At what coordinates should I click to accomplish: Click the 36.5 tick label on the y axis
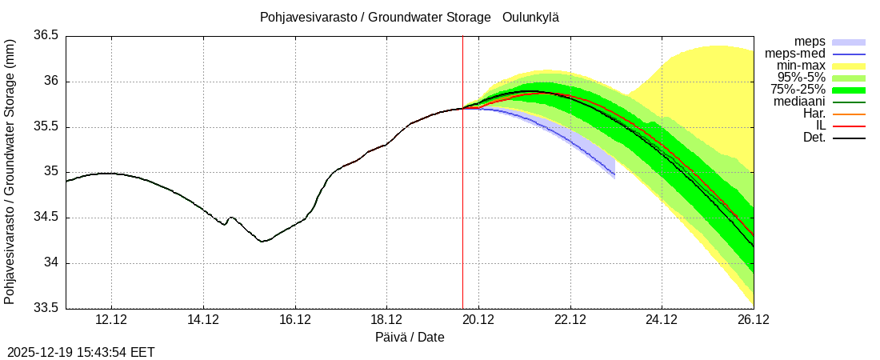(x=45, y=36)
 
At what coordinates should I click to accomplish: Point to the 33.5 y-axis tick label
(x=45, y=309)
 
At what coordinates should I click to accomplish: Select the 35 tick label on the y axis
(x=51, y=172)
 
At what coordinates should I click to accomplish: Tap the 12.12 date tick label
(x=111, y=320)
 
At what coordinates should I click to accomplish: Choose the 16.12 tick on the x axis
(x=295, y=320)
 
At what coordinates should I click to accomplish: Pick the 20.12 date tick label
(x=478, y=320)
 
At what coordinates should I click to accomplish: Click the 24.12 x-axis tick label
(x=662, y=320)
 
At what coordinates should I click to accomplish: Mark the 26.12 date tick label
(x=753, y=320)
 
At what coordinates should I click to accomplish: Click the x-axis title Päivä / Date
(x=410, y=338)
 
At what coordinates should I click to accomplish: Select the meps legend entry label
(x=810, y=42)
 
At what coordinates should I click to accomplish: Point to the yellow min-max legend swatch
(x=849, y=66)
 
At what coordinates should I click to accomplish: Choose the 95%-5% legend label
(x=801, y=78)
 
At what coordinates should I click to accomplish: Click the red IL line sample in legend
(x=849, y=126)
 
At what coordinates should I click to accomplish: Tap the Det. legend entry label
(x=814, y=138)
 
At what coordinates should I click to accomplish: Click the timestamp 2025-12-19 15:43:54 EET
(x=81, y=352)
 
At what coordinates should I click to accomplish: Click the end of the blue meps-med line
(x=614, y=174)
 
